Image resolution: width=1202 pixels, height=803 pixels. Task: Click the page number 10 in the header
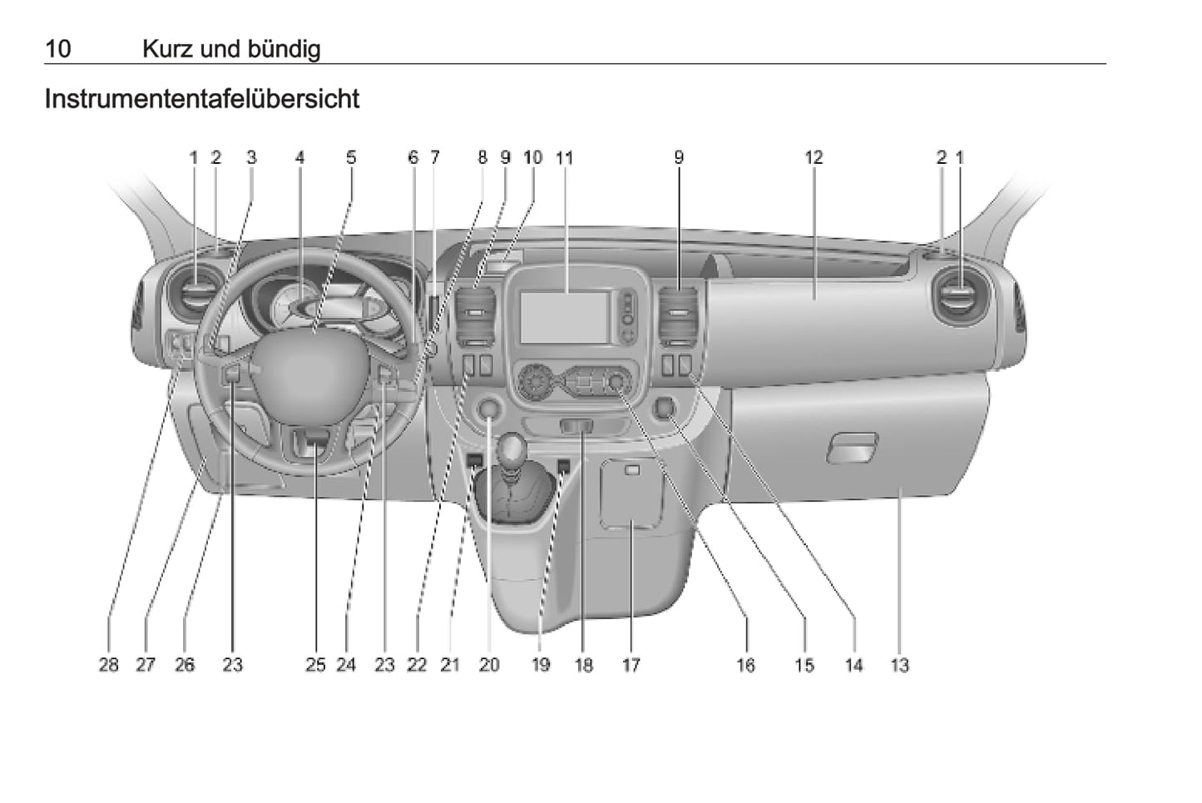(57, 48)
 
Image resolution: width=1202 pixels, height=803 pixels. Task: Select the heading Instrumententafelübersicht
(201, 99)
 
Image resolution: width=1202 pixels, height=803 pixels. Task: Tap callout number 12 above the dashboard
(813, 157)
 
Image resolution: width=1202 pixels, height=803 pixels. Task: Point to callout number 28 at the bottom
(109, 664)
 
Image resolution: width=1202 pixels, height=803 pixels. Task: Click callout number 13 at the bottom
(899, 664)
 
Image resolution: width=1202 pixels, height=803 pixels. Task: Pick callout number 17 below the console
(631, 664)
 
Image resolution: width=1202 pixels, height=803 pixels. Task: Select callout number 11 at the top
(565, 157)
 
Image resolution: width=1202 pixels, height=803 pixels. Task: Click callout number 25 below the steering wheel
(315, 664)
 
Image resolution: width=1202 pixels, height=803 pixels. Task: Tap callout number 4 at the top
(299, 157)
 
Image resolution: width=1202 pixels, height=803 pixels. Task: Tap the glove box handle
(852, 448)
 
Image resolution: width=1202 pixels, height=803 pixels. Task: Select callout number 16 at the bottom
(745, 664)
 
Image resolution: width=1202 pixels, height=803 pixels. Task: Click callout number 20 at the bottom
(489, 664)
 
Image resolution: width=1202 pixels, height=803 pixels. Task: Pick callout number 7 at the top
(434, 157)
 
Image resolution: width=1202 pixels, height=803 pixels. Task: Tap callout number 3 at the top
(251, 157)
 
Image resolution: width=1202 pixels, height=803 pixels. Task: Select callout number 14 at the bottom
(853, 664)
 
